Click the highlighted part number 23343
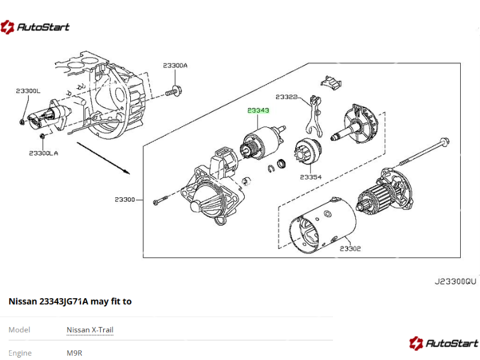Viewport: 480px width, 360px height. tap(259, 111)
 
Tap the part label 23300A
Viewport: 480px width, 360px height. tap(175, 65)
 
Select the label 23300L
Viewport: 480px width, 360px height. tap(28, 91)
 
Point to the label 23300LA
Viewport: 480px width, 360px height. tap(43, 153)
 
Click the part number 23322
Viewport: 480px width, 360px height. tap(287, 97)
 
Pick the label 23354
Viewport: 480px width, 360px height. tap(311, 178)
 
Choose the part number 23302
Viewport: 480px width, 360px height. tap(350, 248)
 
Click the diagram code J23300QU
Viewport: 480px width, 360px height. tap(455, 281)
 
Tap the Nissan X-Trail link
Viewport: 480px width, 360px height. tap(90, 330)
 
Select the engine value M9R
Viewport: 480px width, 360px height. tap(74, 353)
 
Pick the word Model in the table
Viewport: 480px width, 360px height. tap(19, 330)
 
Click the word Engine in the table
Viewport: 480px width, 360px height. tap(20, 353)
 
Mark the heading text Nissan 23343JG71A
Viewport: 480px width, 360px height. tap(48, 302)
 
